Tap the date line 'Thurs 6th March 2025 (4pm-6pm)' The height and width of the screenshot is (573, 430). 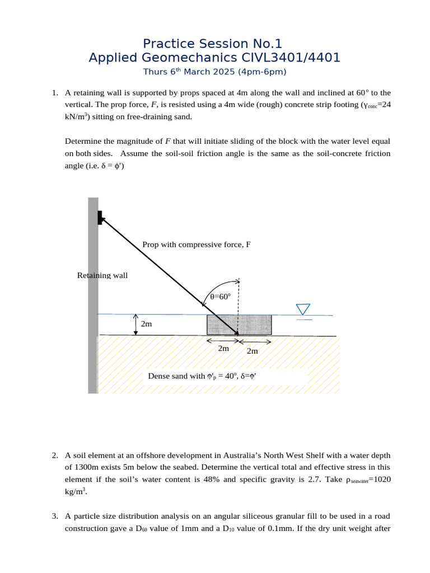coord(214,72)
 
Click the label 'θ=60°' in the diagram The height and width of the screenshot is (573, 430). coord(220,297)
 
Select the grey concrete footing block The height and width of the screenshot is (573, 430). coord(239,324)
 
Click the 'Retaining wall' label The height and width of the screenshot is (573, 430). coord(102,275)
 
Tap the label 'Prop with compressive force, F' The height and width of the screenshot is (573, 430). coord(196,245)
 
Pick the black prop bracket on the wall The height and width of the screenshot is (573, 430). coord(100,217)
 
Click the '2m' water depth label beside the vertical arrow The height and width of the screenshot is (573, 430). coord(146,324)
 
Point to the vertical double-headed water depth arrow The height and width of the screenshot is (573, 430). coord(135,325)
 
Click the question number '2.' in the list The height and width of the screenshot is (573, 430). coord(55,455)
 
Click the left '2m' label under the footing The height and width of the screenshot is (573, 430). coord(223,349)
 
